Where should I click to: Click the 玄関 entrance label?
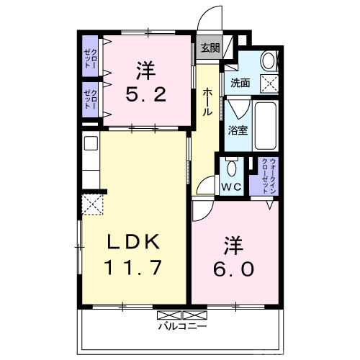(210, 49)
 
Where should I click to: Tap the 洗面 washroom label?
(240, 82)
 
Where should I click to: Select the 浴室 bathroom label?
(238, 130)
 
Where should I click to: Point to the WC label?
(231, 186)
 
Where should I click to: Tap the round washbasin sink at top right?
(267, 60)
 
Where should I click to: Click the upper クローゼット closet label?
(90, 55)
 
